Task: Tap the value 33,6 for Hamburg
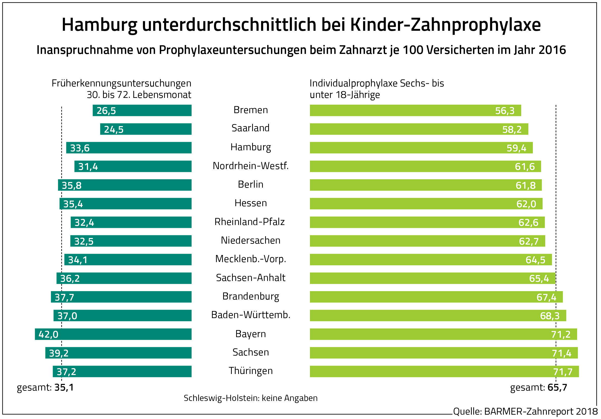pyautogui.click(x=80, y=148)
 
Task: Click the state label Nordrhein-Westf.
pyautogui.click(x=251, y=166)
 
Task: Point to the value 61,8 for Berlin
pyautogui.click(x=525, y=185)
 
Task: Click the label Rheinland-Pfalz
pyautogui.click(x=249, y=222)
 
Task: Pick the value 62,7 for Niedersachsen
pyautogui.click(x=528, y=241)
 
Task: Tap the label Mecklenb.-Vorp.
pyautogui.click(x=251, y=259)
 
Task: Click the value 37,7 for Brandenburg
pyautogui.click(x=64, y=297)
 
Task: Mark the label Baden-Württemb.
pyautogui.click(x=251, y=315)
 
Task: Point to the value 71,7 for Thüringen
pyautogui.click(x=563, y=372)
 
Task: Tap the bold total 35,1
pyautogui.click(x=64, y=387)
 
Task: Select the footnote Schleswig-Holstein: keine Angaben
pyautogui.click(x=251, y=398)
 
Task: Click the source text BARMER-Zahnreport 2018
pyautogui.click(x=541, y=411)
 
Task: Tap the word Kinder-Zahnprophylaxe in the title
pyautogui.click(x=445, y=25)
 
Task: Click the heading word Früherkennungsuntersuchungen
pyautogui.click(x=121, y=83)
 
